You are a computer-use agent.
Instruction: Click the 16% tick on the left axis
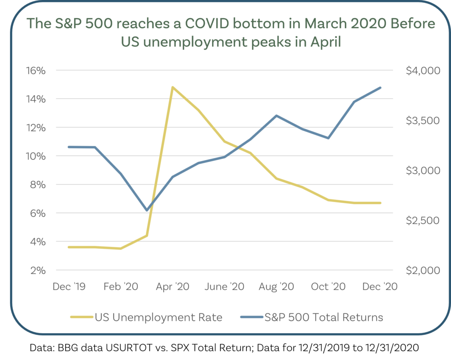35,70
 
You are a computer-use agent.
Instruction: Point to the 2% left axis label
37,270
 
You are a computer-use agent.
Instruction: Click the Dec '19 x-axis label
69,287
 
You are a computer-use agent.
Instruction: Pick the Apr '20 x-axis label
173,287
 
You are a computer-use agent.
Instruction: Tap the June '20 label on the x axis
225,287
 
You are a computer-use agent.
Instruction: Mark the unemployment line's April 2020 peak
173,87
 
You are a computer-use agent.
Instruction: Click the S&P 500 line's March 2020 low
147,210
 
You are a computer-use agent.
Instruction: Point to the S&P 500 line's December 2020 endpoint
381,88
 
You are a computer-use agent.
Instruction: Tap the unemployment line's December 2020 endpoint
381,203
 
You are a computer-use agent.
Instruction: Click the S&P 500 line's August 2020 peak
277,116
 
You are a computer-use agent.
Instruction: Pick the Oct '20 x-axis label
328,287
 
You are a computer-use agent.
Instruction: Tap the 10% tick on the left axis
35,156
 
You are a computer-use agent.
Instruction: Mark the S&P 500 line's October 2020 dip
329,138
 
